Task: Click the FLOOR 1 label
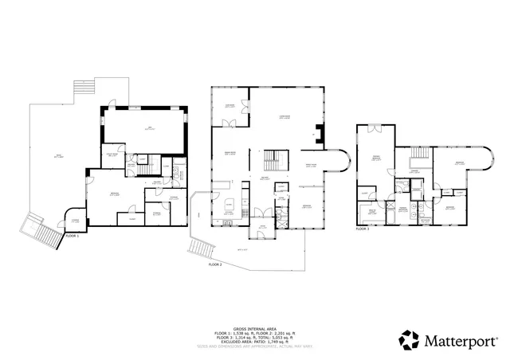click(71, 237)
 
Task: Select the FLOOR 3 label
click(363, 229)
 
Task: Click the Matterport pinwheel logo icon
click(410, 340)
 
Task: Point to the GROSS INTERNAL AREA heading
click(254, 328)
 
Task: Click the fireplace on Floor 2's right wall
click(320, 134)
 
